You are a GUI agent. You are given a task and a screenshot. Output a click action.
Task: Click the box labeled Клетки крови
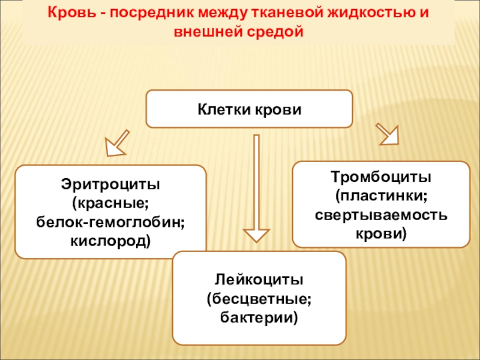[x=249, y=109]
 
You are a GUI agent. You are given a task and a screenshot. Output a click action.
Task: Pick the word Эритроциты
[x=110, y=182]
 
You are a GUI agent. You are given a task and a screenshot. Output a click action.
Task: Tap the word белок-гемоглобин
[x=110, y=222]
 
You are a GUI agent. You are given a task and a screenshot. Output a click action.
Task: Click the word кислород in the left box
[x=110, y=241]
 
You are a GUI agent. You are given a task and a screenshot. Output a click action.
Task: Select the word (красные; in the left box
[x=110, y=202]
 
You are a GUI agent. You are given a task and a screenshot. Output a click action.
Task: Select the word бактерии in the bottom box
[x=259, y=317]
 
